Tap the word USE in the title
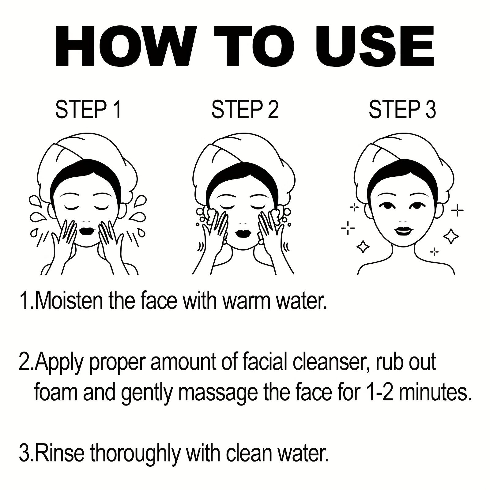coord(375,46)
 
